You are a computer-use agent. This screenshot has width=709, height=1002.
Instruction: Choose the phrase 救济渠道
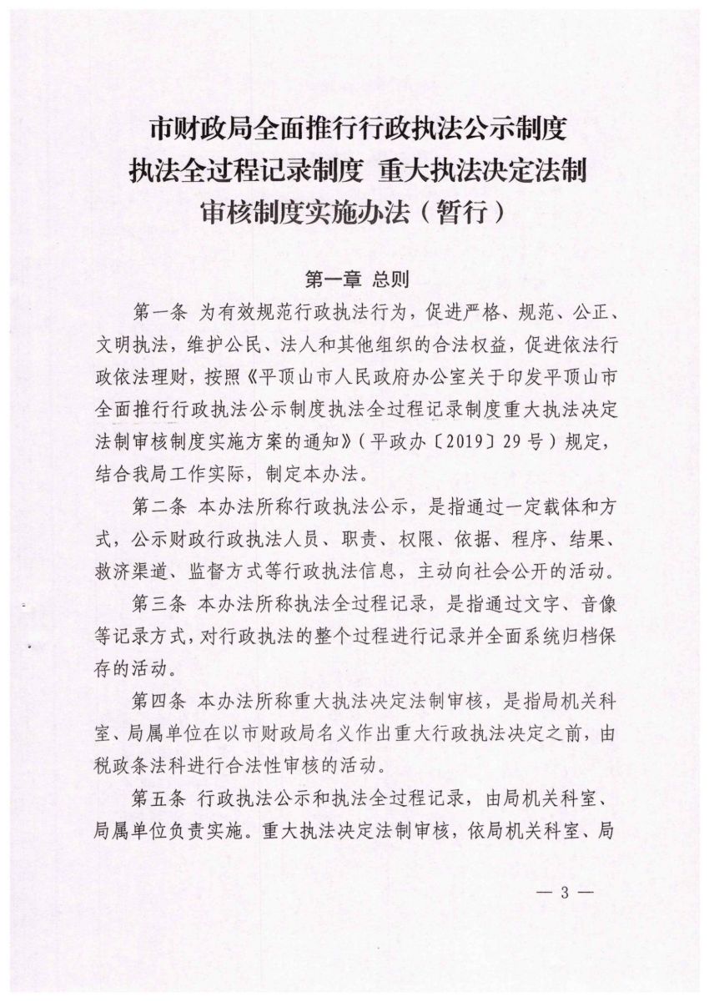pos(122,570)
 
